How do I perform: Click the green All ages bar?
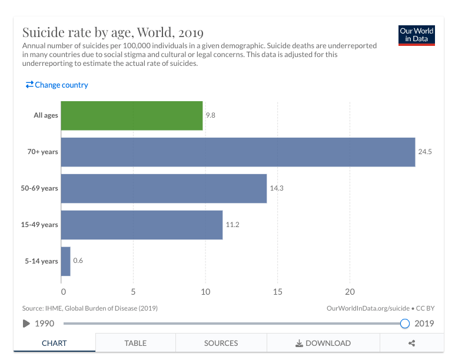[132, 115]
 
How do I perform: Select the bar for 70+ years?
[238, 152]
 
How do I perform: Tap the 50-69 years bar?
[164, 188]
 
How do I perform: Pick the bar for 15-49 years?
[142, 225]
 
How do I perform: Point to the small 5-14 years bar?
[65, 261]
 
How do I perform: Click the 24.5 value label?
[425, 152]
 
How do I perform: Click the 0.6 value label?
[78, 261]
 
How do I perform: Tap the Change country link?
[57, 85]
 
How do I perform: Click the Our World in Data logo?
[416, 35]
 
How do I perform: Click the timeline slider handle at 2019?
[404, 323]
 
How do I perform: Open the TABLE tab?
[135, 343]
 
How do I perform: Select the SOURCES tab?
[221, 343]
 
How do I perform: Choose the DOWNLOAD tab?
[323, 343]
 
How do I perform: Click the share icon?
[412, 343]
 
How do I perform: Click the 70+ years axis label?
[42, 152]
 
